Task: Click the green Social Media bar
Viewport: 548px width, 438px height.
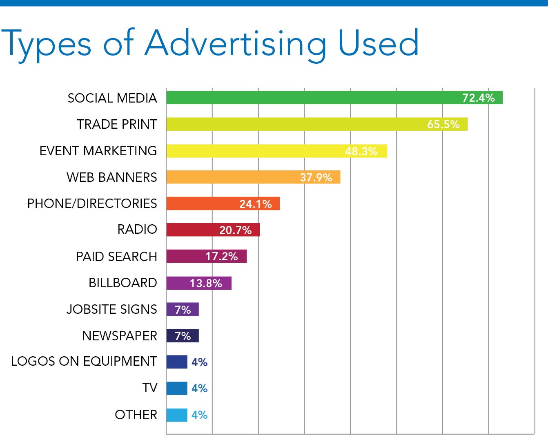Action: coord(310,98)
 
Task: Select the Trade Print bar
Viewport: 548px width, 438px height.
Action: coord(294,124)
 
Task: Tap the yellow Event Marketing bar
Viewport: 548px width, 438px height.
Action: coord(253,151)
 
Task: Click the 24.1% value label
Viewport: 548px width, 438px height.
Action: coord(255,204)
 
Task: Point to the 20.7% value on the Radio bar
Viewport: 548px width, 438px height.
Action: coord(235,230)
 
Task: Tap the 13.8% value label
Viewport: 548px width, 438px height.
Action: coord(206,283)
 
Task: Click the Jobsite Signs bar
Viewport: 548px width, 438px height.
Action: coord(182,309)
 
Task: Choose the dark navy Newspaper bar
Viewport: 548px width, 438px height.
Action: coord(182,336)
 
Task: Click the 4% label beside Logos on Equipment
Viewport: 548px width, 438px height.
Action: coord(200,362)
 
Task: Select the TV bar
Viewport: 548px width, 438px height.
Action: coord(176,388)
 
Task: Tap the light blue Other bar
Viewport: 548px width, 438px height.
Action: coord(176,415)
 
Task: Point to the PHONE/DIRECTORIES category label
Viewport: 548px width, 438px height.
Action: coord(92,203)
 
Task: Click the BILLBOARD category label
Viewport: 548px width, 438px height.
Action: coord(123,283)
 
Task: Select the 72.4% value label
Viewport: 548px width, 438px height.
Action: coord(478,98)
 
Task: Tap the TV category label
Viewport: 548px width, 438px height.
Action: coord(150,388)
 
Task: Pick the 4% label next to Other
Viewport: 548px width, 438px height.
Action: coord(200,415)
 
